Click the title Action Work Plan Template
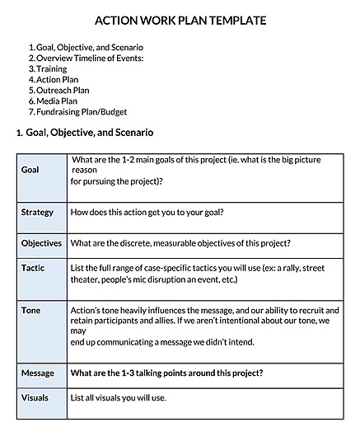[x=180, y=21]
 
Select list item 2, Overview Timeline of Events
[x=90, y=59]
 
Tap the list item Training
[x=52, y=69]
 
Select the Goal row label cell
[x=30, y=169]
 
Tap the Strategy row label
[x=37, y=213]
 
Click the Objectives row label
[x=41, y=243]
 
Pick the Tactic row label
[x=33, y=269]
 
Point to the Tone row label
[x=31, y=310]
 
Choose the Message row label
[x=38, y=373]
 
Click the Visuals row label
[x=35, y=398]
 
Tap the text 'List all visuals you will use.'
[x=119, y=399]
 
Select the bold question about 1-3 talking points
[x=167, y=373]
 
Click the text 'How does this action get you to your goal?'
[x=147, y=213]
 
